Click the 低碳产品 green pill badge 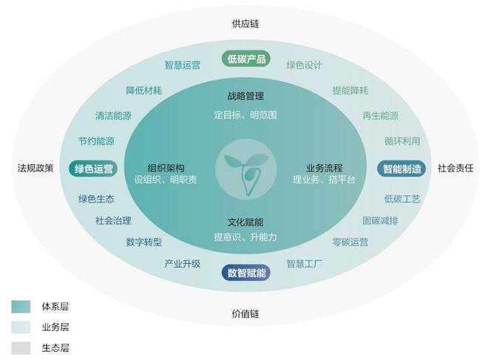point(246,59)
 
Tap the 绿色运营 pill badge point(93,169)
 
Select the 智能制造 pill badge point(401,169)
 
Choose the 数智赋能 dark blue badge point(246,273)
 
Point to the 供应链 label point(245,24)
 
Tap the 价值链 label point(245,313)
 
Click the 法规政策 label point(35,168)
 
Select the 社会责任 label point(455,168)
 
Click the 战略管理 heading point(245,96)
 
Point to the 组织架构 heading point(166,168)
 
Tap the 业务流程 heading point(325,168)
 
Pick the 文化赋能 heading point(245,223)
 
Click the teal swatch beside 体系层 point(21,307)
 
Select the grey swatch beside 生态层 point(21,348)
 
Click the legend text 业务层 point(55,327)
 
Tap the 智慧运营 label point(183,65)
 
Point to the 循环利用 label point(402,141)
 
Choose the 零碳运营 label point(350,242)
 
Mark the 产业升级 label point(183,264)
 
